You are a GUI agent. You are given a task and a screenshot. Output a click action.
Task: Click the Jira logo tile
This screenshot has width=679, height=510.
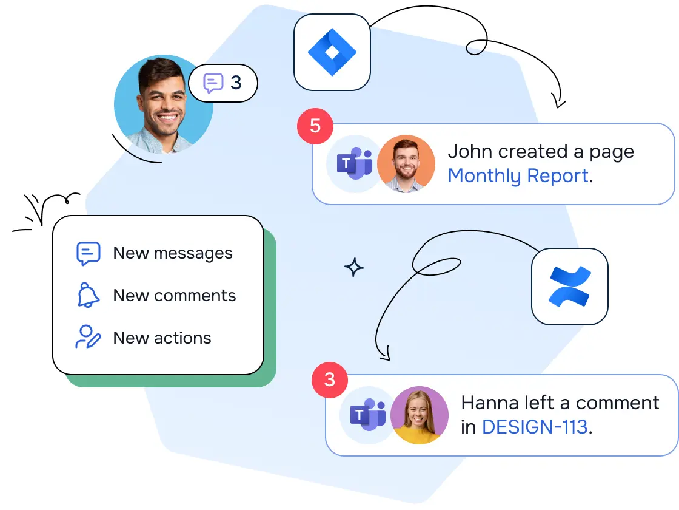(332, 52)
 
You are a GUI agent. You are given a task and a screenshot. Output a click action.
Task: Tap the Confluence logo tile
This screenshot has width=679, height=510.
(569, 286)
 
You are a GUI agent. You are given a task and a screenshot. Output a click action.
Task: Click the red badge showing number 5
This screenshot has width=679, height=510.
(315, 126)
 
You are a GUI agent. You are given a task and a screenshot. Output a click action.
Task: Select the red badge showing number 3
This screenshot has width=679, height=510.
(329, 379)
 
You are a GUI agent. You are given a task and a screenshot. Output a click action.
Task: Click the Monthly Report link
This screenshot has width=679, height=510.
(518, 176)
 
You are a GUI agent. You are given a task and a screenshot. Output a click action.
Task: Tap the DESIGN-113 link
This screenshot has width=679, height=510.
(535, 427)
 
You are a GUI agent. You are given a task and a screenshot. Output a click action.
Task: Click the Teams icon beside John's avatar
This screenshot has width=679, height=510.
(355, 164)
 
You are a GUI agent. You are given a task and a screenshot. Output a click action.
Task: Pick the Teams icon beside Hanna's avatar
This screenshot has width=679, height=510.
(368, 415)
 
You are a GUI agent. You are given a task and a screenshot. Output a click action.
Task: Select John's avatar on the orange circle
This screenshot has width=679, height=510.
(406, 164)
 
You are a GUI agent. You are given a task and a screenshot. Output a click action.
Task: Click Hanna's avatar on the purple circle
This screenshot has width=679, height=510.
(419, 415)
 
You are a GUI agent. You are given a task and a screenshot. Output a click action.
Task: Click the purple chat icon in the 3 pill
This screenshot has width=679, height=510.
(213, 83)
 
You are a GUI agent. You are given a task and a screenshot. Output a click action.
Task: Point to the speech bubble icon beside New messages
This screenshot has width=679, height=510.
(88, 253)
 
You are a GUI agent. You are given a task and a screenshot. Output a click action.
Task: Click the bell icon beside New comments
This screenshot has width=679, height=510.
(88, 296)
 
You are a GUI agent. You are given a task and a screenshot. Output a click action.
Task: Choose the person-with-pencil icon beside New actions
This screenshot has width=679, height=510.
(88, 338)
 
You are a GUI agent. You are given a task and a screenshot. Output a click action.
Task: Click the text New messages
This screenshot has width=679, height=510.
(173, 253)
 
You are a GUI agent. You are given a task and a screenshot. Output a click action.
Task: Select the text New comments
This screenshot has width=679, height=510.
(175, 296)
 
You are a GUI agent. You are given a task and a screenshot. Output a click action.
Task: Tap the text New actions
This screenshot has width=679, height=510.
(162, 338)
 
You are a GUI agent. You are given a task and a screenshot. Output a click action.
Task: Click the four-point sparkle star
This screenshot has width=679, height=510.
(354, 267)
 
